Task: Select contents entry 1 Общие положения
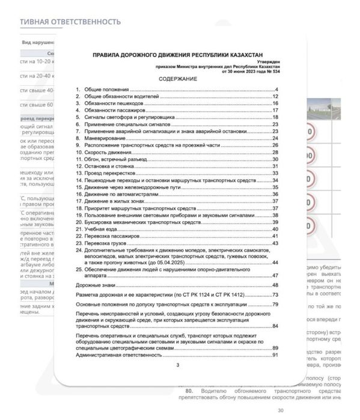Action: (102, 89)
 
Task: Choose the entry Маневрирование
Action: (103, 138)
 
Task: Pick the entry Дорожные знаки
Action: (96, 284)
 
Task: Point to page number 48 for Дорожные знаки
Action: (276, 284)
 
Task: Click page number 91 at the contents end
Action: (276, 355)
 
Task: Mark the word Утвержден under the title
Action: (269, 61)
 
